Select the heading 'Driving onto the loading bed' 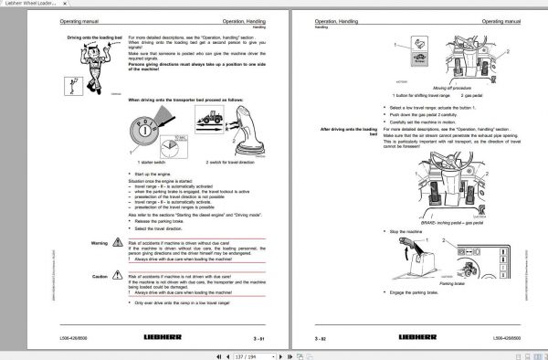[x=91, y=38]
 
